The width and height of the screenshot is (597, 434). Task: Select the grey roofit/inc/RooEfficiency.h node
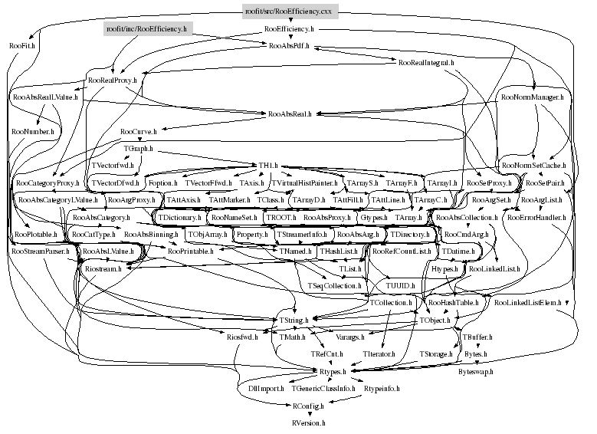coord(146,29)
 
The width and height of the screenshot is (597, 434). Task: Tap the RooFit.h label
coord(23,46)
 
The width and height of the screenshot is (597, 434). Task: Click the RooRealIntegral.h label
coord(426,62)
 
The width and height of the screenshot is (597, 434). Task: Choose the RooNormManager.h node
coord(531,97)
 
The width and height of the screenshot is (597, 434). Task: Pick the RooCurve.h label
coord(137,131)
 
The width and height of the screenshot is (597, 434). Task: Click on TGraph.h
coord(138,148)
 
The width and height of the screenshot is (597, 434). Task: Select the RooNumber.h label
coord(33,131)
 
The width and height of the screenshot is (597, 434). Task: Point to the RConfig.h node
coord(309,405)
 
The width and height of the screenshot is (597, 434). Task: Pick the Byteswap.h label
coord(476,371)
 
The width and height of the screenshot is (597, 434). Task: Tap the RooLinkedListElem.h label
coord(528,303)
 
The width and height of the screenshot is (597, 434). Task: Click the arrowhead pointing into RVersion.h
coord(309,416)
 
